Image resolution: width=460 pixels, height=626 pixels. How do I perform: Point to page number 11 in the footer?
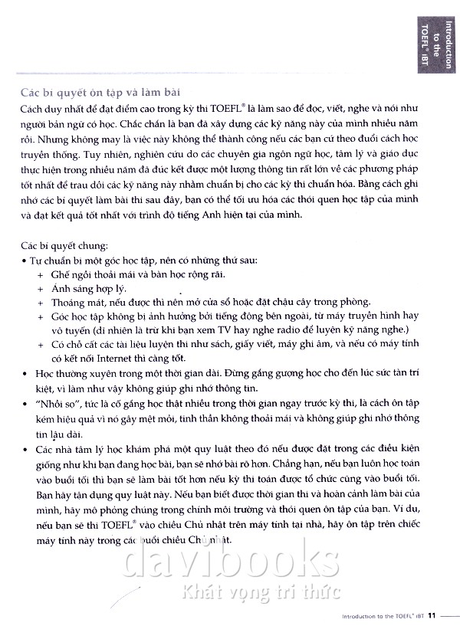pos(432,615)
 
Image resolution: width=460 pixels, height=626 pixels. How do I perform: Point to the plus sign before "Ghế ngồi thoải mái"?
pos(41,274)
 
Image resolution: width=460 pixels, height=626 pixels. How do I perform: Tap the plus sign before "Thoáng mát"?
pos(41,302)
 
